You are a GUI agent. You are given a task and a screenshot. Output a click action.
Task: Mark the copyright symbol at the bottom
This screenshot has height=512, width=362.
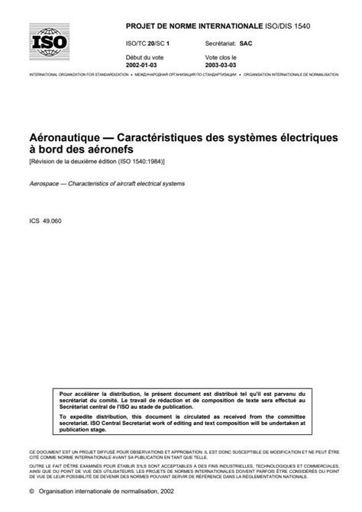point(32,492)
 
